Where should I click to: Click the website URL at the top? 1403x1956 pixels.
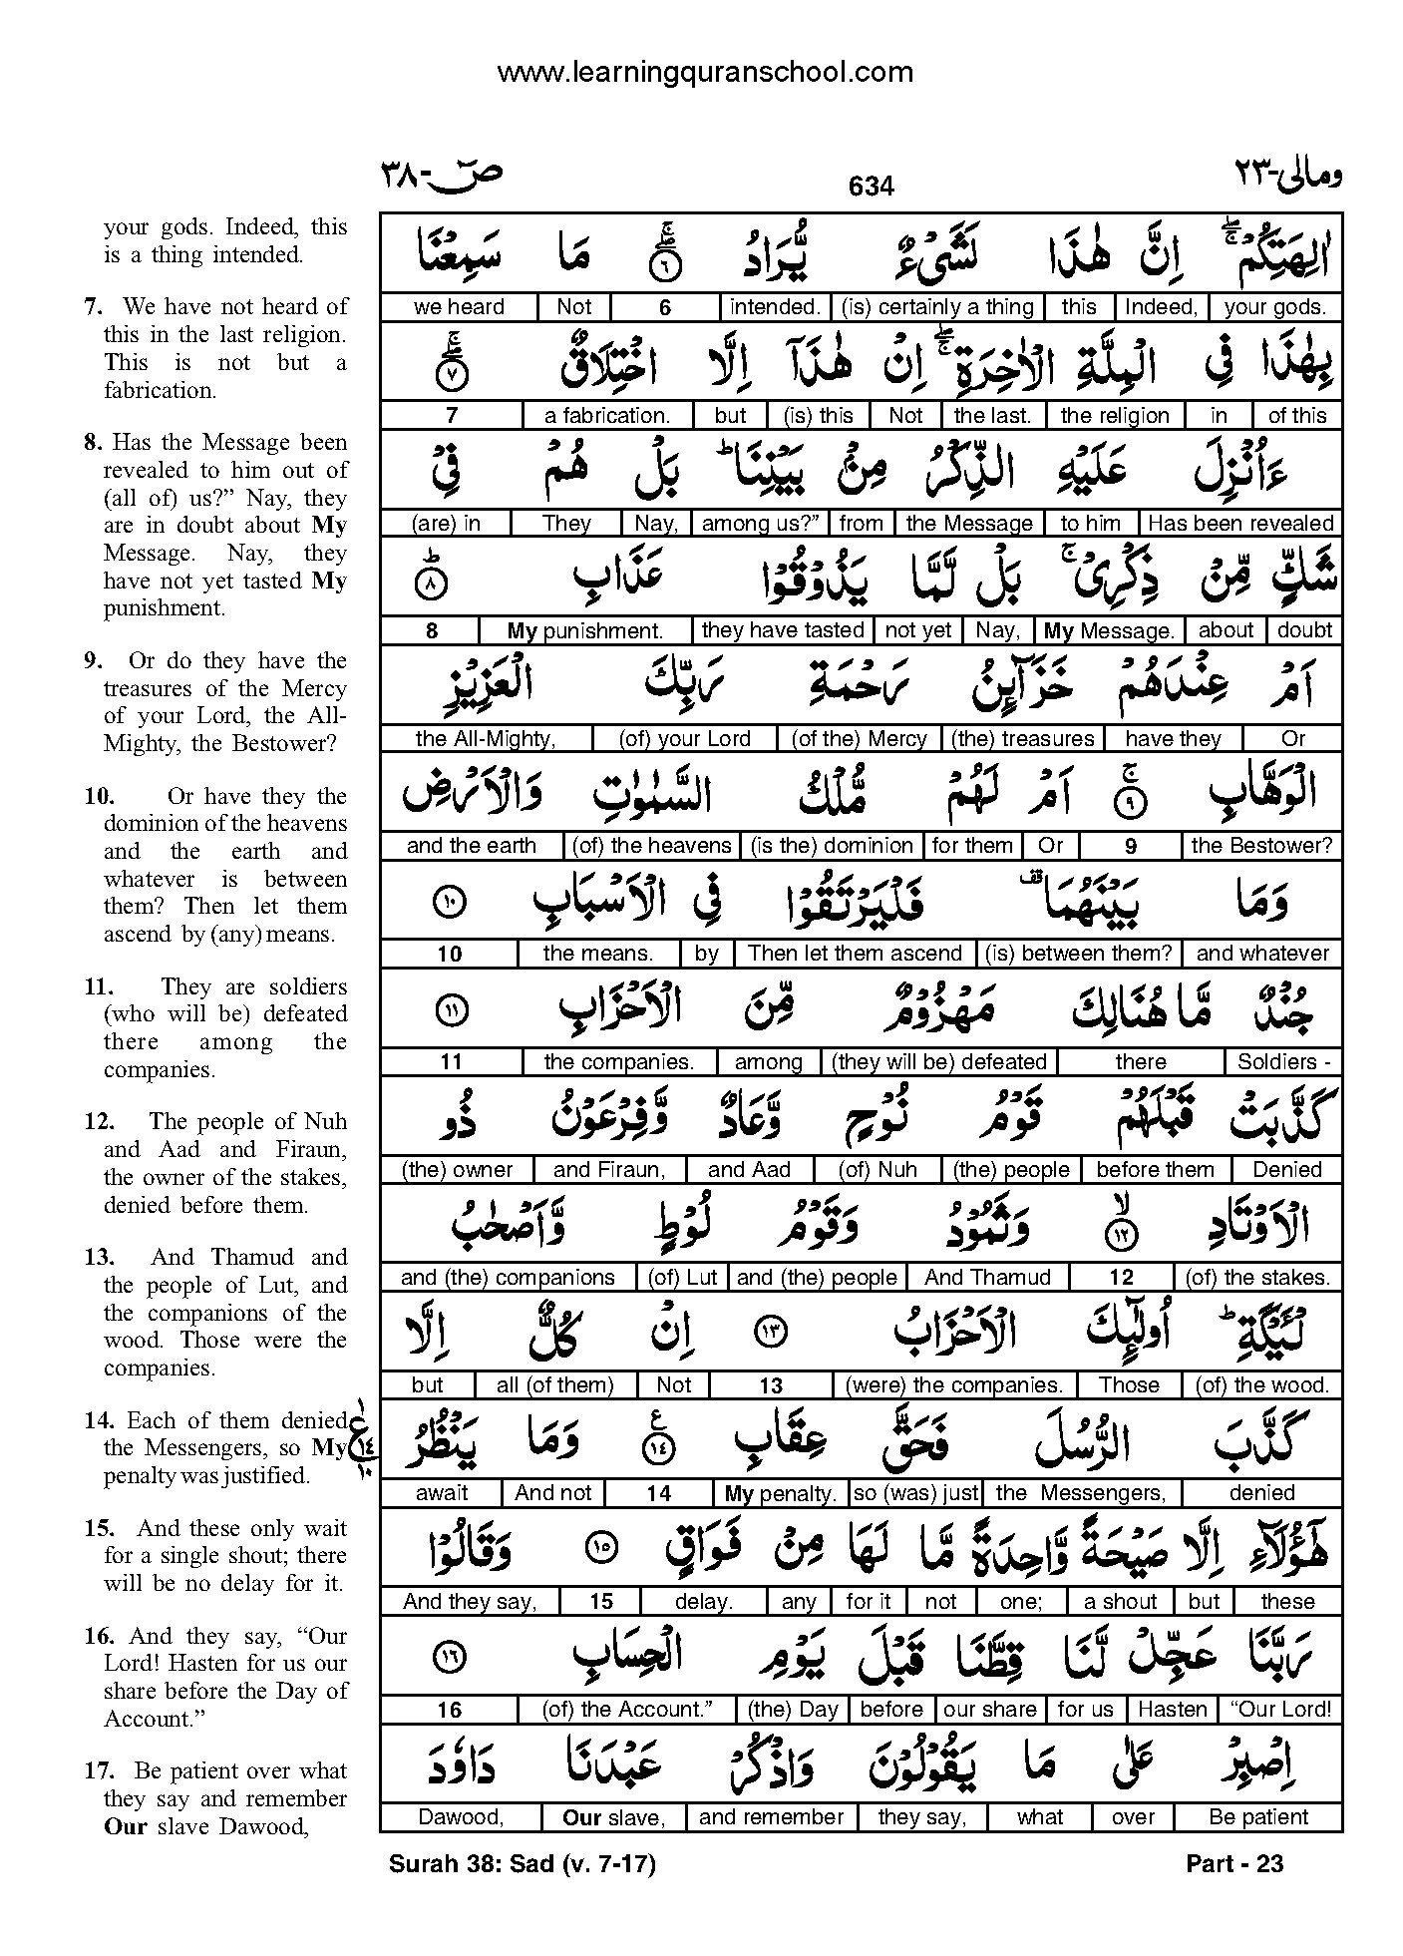(x=704, y=72)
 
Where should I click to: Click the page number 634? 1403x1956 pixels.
(x=871, y=187)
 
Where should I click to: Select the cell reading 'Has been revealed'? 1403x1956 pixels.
(x=1240, y=523)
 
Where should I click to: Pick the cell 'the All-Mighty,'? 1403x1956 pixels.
(x=486, y=738)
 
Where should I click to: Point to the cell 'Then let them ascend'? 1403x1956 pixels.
(x=855, y=954)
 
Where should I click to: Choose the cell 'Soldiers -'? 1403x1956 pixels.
(x=1283, y=1061)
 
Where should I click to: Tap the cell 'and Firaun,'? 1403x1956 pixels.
(x=608, y=1169)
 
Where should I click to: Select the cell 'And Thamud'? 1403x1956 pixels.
(x=987, y=1277)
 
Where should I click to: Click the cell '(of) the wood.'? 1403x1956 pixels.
(x=1261, y=1384)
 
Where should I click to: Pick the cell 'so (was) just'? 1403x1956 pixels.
(x=915, y=1493)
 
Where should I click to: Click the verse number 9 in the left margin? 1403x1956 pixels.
(x=93, y=661)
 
